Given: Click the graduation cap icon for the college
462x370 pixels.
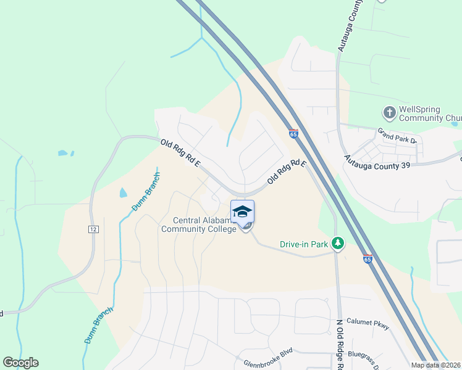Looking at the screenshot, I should click(x=242, y=212).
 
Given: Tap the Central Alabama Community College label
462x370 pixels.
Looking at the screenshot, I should click(x=198, y=225).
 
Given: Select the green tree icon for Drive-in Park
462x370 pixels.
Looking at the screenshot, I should click(x=337, y=244).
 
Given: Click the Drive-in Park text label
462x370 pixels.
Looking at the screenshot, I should click(x=303, y=244).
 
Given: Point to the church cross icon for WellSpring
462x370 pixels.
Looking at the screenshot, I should click(x=389, y=113).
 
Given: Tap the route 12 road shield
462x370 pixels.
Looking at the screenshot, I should click(x=93, y=229).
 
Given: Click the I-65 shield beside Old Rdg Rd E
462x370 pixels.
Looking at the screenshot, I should click(x=293, y=133).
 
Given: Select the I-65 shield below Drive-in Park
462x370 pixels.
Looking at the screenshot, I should click(x=368, y=260).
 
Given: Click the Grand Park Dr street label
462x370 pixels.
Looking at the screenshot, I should click(x=398, y=136).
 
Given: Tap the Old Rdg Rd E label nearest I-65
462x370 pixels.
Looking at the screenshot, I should click(x=287, y=172).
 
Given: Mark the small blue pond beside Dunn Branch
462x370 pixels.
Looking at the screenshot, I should click(x=123, y=192).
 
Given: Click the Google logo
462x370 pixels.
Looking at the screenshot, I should click(x=20, y=363).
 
